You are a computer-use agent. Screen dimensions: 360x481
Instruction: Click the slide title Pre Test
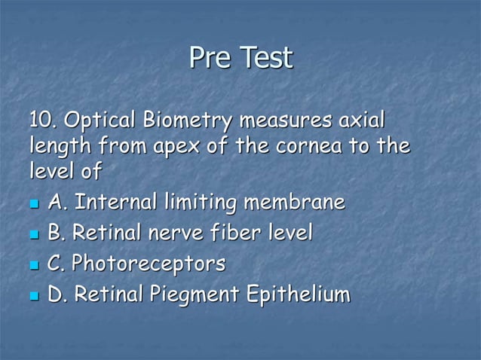[240, 58]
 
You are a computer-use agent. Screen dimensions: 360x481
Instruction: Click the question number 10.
[42, 120]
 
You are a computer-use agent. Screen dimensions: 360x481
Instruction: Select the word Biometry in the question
[188, 120]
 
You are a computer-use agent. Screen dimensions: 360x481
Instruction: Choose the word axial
[360, 120]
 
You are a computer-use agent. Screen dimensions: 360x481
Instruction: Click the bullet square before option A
[33, 204]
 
